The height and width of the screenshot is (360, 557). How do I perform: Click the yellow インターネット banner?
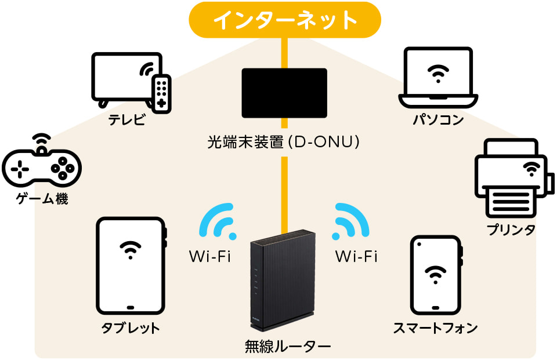(x=284, y=20)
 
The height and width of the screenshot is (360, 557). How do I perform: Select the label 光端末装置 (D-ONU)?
(x=284, y=141)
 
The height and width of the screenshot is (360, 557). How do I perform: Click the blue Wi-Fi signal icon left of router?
(x=218, y=221)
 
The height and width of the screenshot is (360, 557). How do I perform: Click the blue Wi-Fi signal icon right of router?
(x=350, y=221)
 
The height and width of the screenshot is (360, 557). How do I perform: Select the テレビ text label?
(x=126, y=121)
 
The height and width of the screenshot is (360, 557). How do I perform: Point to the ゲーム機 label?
(x=42, y=200)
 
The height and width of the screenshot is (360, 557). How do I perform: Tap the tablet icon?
(x=131, y=266)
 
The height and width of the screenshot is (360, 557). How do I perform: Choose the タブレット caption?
(x=131, y=328)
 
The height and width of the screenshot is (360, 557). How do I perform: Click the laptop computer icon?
(x=438, y=78)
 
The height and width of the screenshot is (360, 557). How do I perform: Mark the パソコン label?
(x=438, y=120)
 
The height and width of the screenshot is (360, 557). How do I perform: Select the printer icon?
(x=511, y=177)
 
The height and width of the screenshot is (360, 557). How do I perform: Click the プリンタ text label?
(x=511, y=230)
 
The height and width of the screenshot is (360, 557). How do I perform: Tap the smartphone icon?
(x=436, y=275)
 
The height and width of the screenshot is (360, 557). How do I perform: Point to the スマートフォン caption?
(x=435, y=328)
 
